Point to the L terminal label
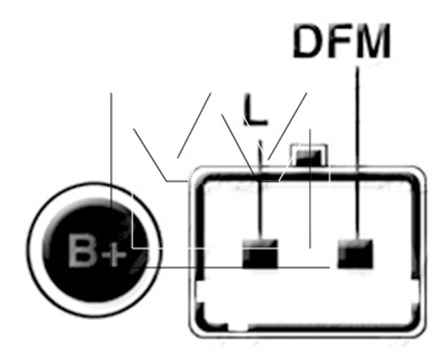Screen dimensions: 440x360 pyautogui.click(x=255, y=110)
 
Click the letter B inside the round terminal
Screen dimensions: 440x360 pyautogui.click(x=81, y=250)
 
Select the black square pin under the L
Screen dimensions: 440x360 pyautogui.click(x=260, y=253)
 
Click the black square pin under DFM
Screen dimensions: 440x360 pyautogui.click(x=356, y=253)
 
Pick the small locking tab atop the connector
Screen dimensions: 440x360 pyautogui.click(x=309, y=155)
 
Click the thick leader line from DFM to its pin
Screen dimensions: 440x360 pyautogui.click(x=357, y=153)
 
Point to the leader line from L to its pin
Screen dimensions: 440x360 pyautogui.click(x=261, y=190)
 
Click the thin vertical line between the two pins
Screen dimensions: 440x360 pyautogui.click(x=310, y=189)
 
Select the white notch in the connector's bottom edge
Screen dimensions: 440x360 pyautogui.click(x=238, y=327)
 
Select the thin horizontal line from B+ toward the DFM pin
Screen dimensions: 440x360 pyautogui.click(x=237, y=268)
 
